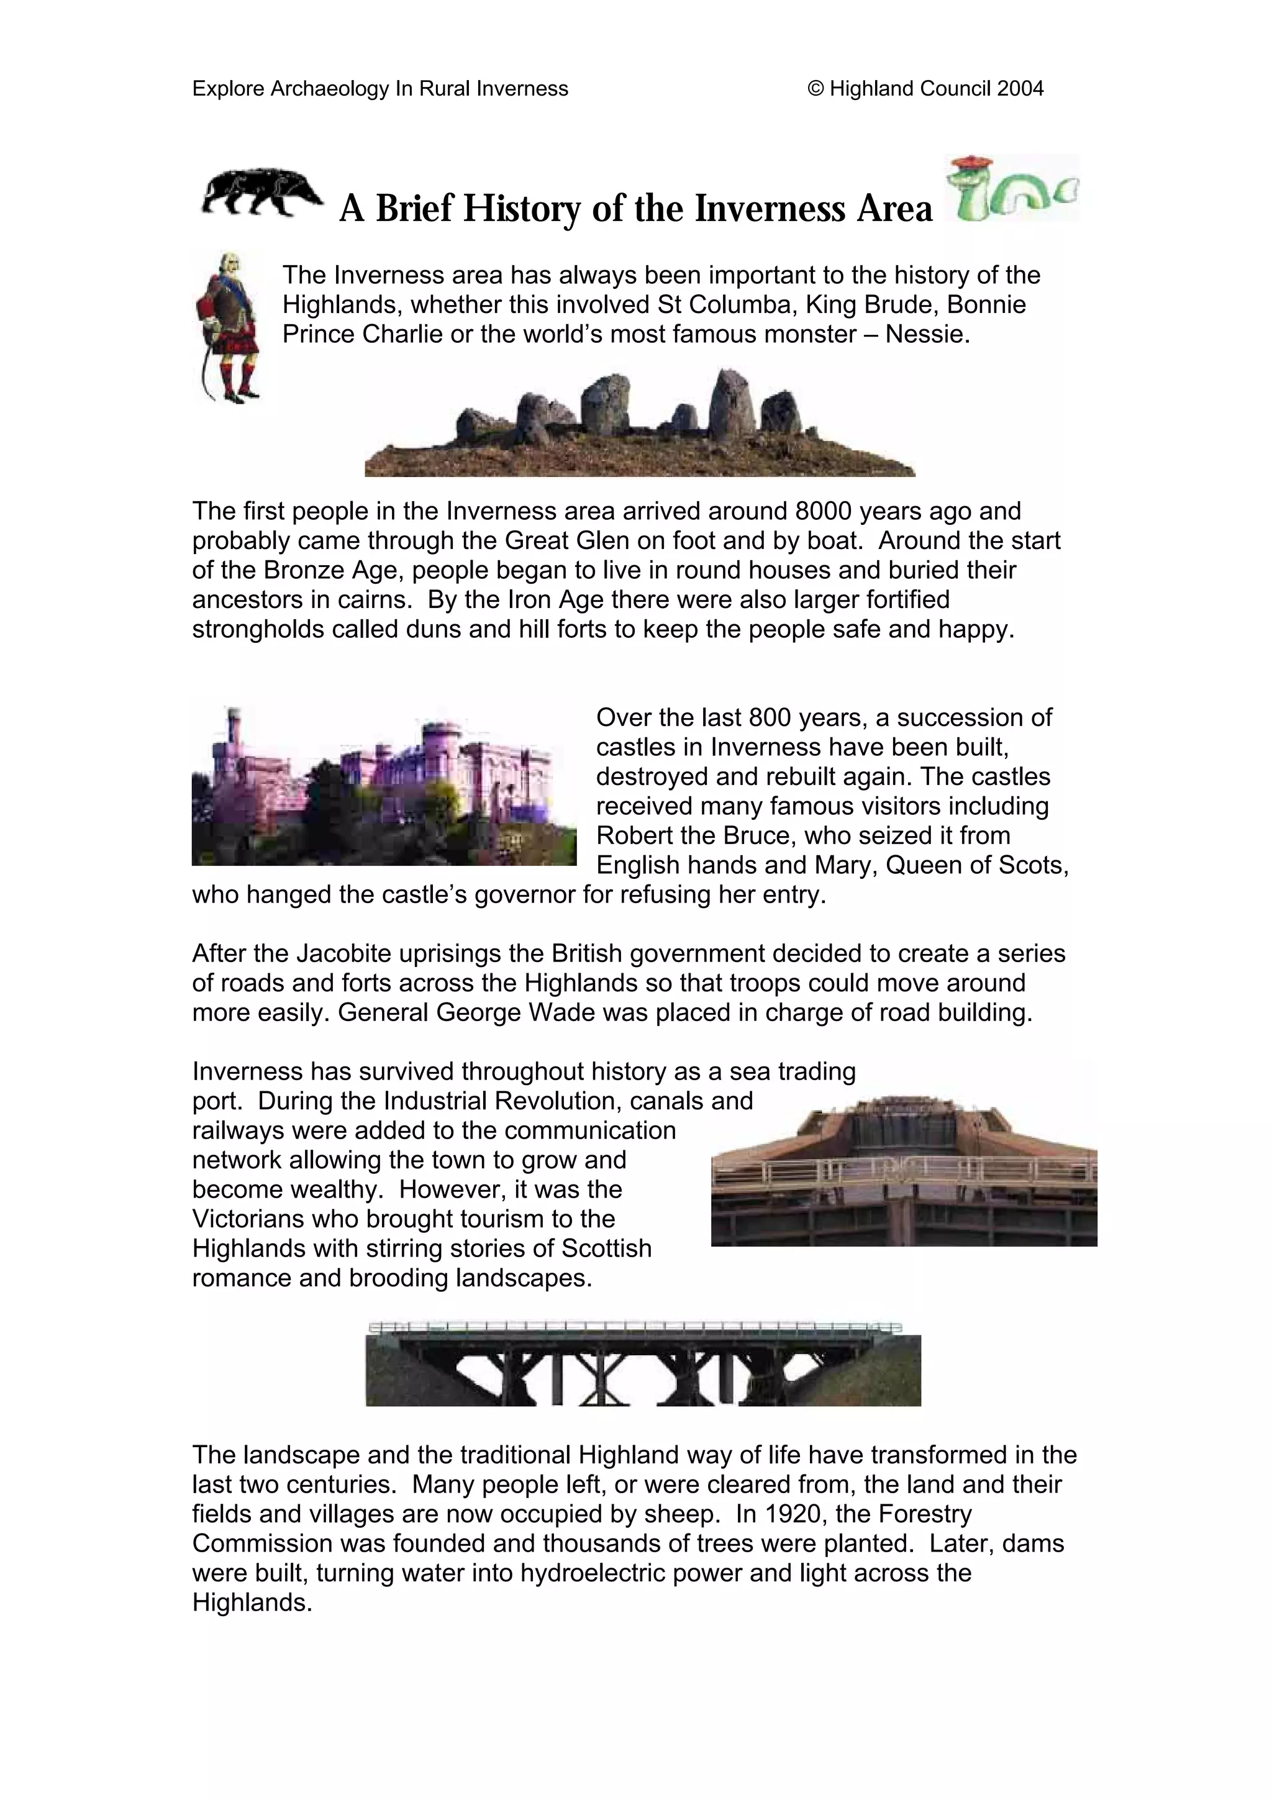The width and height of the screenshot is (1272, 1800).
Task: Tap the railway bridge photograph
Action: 643,1363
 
